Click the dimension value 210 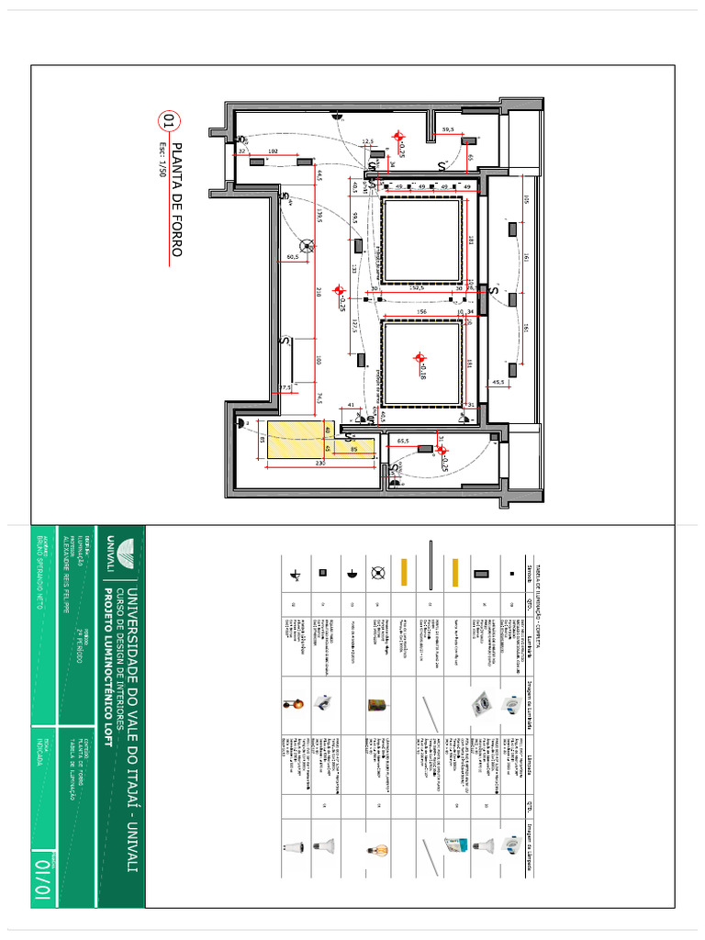(319, 292)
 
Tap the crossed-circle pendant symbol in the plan (308, 245)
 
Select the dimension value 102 (273, 150)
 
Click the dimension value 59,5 (448, 129)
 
